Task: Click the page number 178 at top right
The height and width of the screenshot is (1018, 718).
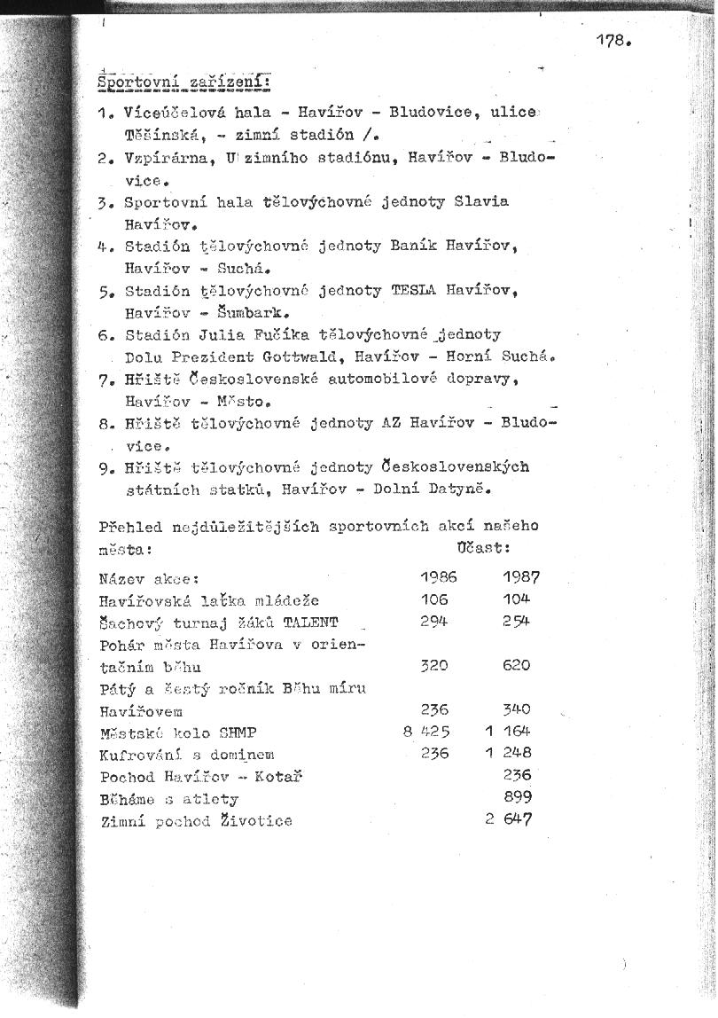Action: point(613,40)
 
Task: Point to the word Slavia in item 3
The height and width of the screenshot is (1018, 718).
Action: point(481,201)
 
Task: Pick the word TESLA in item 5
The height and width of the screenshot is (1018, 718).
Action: point(411,290)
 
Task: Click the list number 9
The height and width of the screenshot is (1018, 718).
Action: point(106,467)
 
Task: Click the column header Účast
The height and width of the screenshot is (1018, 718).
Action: point(486,548)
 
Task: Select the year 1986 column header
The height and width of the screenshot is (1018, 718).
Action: point(438,577)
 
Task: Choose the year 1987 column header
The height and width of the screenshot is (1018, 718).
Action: point(521,577)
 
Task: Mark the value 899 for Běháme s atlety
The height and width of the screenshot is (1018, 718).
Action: point(518,798)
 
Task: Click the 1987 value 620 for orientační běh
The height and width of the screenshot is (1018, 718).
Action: point(516,665)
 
